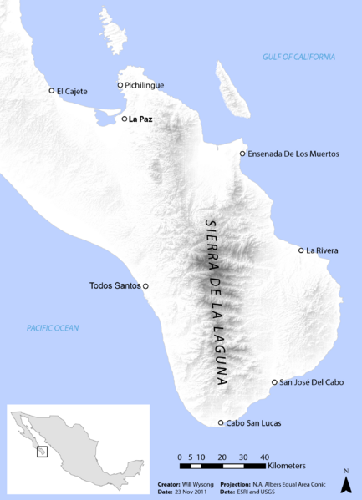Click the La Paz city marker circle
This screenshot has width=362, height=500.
[x=125, y=119]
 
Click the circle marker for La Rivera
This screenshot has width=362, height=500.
[x=301, y=250]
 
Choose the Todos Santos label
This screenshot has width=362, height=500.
[x=115, y=286]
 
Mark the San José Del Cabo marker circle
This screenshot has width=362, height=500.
[x=275, y=382]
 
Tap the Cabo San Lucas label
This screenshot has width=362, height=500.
[x=254, y=423]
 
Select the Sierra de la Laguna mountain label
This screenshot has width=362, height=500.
[x=216, y=301]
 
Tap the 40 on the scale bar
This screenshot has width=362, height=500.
[x=264, y=457]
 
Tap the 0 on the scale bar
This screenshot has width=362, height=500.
[x=181, y=457]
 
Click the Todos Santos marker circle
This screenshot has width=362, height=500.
[x=145, y=286]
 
